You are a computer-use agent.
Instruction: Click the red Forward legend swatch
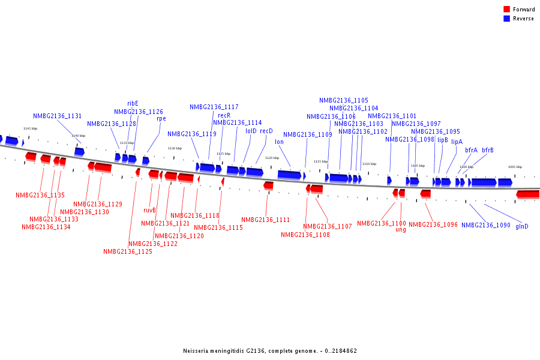tap(507, 9)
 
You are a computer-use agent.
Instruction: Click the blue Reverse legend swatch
tap(507, 19)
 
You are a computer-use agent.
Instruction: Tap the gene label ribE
tap(133, 103)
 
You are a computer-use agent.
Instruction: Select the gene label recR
tap(224, 115)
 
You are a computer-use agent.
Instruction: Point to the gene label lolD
tap(251, 131)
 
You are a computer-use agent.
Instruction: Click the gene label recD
tap(266, 131)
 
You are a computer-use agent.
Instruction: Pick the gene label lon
tap(279, 142)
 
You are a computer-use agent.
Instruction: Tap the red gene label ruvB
tap(149, 210)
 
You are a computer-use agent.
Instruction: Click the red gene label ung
tap(401, 229)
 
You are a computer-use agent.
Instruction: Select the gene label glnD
tap(522, 226)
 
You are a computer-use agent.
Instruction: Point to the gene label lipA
tap(457, 142)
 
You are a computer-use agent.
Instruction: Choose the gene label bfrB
tap(487, 150)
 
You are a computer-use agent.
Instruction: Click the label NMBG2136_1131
tap(58, 116)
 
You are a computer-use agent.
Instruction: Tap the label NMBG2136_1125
tap(128, 252)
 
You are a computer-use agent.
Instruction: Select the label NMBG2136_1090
tap(486, 226)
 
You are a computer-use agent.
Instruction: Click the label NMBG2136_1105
tap(344, 100)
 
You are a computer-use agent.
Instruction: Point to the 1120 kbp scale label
tap(272, 158)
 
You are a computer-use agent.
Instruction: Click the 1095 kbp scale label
tap(515, 167)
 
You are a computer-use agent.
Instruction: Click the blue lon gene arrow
tap(289, 175)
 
